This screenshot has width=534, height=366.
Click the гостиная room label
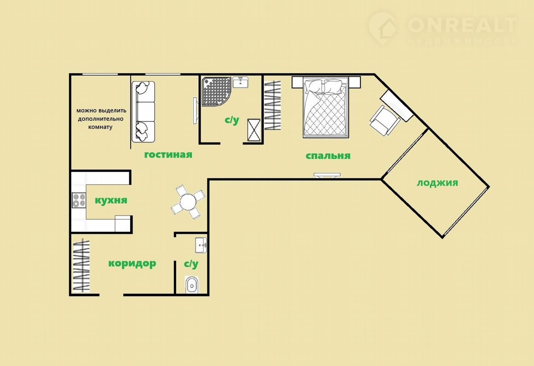168,155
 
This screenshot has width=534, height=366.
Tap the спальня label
328,156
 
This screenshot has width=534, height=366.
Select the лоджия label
438,183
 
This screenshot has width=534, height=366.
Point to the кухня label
111,201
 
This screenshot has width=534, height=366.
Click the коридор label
132,263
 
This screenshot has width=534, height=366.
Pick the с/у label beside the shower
232,120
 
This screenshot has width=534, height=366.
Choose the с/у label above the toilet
191,264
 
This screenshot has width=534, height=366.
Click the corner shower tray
216,91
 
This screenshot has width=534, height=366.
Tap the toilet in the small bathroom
191,285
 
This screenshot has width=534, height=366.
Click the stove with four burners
79,200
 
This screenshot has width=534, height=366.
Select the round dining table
188,202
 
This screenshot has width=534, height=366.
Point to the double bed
326,107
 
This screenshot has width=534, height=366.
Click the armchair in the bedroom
385,120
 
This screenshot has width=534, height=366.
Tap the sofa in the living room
143,112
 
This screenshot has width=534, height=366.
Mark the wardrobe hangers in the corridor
81,265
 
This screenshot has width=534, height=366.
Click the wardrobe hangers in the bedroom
273,105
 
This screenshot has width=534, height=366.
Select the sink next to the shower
240,83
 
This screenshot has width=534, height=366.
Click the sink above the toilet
201,245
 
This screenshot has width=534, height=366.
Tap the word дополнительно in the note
101,119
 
